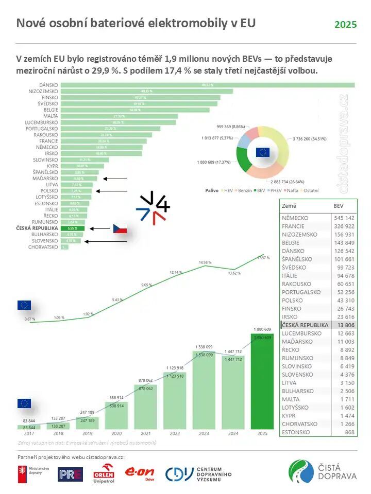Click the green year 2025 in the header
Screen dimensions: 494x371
click(x=345, y=25)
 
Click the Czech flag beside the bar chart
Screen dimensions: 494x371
click(x=120, y=228)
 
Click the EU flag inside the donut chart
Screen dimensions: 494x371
click(x=263, y=152)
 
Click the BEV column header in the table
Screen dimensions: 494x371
click(x=339, y=205)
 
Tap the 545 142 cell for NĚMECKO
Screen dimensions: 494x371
click(x=344, y=218)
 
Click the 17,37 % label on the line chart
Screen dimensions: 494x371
click(x=263, y=250)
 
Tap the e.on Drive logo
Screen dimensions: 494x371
click(x=140, y=473)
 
